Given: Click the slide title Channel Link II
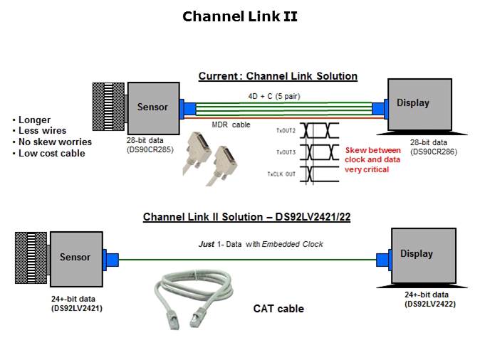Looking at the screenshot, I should [240, 16].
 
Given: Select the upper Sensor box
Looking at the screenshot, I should [152, 107].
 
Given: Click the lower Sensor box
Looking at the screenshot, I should [75, 258].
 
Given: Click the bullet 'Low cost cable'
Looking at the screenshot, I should [51, 153].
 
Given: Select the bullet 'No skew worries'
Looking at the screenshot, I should [54, 142].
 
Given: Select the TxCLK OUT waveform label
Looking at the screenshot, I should [281, 174].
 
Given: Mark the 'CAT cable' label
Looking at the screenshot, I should [278, 309].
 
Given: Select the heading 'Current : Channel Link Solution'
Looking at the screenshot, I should [278, 76].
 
